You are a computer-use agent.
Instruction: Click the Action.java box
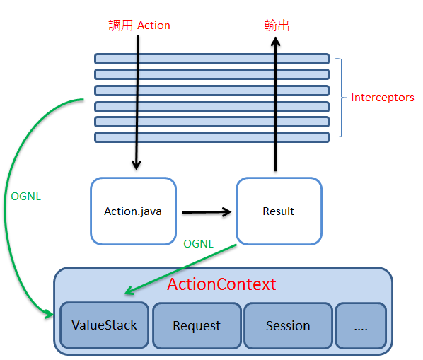tap(133, 211)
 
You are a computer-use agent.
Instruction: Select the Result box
tap(279, 211)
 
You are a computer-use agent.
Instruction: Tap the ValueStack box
tap(104, 325)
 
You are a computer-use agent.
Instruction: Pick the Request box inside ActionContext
tap(197, 325)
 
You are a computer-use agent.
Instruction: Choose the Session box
tap(288, 325)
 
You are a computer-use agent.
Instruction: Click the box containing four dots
tap(361, 325)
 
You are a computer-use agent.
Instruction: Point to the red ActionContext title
tap(221, 284)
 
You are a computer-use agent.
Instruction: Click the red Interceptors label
tap(382, 98)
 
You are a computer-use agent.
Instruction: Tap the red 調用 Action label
tap(139, 25)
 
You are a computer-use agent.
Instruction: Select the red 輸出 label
tap(277, 25)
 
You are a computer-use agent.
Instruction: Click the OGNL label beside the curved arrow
tap(26, 197)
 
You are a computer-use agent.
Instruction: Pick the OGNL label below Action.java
tap(199, 244)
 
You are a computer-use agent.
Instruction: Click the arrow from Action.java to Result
tap(207, 212)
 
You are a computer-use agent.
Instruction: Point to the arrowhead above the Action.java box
tap(137, 164)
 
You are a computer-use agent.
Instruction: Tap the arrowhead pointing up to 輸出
tap(275, 42)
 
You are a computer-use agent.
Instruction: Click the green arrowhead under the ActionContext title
tap(129, 291)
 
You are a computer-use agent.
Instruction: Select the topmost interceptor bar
tap(211, 59)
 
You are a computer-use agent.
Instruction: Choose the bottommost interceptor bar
tap(211, 137)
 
